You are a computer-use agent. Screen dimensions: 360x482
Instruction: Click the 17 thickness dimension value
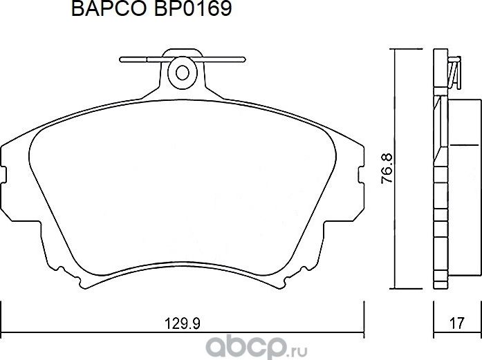coord(455,321)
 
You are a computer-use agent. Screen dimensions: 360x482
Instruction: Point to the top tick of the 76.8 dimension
coord(394,50)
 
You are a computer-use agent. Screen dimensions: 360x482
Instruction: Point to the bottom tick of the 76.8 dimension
coord(394,288)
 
